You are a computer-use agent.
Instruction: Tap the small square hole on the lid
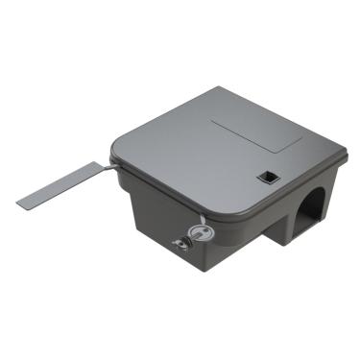[x=265, y=176]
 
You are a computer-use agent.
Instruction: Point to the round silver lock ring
[x=196, y=230]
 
